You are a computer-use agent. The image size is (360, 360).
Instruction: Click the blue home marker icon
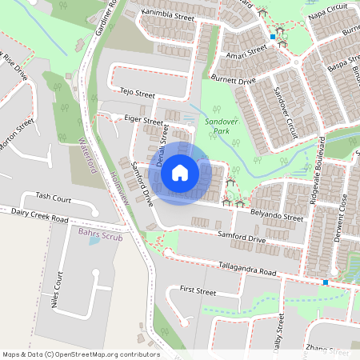click(180, 172)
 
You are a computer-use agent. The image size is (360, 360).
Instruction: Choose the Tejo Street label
click(135, 94)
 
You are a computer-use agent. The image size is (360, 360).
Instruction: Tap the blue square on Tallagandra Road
click(326, 282)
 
